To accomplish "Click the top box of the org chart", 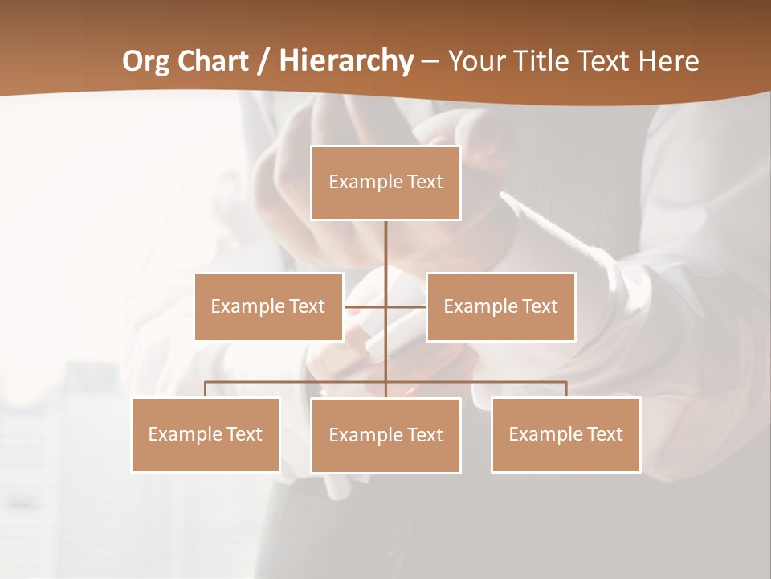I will [385, 183].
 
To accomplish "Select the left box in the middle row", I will [268, 306].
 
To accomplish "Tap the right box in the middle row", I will [500, 306].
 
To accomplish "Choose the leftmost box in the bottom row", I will [205, 434].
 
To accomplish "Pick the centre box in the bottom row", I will [385, 435].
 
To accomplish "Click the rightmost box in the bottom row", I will [565, 434].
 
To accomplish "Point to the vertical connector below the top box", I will [385, 249].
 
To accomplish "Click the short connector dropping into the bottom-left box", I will [205, 389].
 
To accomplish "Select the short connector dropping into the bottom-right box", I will [566, 389].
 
